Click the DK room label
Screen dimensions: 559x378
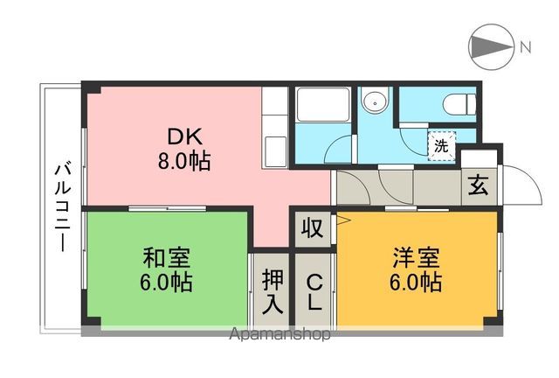[184, 136]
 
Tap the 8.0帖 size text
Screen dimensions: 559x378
[184, 161]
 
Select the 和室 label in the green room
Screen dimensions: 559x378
[167, 257]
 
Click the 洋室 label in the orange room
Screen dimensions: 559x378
[416, 257]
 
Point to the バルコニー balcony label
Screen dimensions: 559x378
[63, 208]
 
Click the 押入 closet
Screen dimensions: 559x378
[273, 290]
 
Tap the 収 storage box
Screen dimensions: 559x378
[313, 227]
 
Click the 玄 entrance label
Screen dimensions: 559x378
[478, 185]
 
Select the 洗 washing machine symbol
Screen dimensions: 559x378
[441, 146]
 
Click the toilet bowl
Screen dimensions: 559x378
[459, 104]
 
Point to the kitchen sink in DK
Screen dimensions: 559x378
[274, 152]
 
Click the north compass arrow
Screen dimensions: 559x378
[492, 46]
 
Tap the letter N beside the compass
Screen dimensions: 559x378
[525, 47]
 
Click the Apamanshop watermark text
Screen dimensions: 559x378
[279, 334]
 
